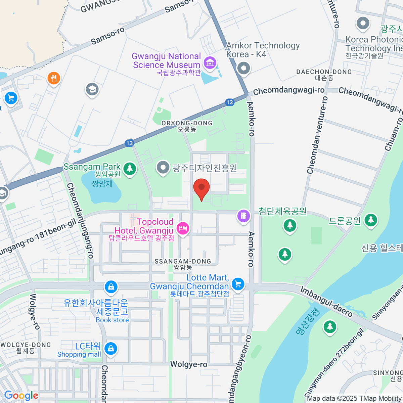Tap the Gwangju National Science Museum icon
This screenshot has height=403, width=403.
pyautogui.click(x=210, y=62)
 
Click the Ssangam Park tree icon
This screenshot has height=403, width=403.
pyautogui.click(x=130, y=168)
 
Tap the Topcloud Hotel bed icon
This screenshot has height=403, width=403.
pyautogui.click(x=183, y=229)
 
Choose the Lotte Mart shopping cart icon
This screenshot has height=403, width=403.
pyautogui.click(x=238, y=284)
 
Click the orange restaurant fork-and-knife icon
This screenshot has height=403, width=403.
pyautogui.click(x=54, y=79)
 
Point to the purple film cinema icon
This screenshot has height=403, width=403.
pyautogui.click(x=244, y=215)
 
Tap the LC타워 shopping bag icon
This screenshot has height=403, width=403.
pyautogui.click(x=110, y=348)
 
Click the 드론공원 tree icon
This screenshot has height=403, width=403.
pyautogui.click(x=371, y=220)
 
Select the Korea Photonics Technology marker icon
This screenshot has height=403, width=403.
pyautogui.click(x=363, y=24)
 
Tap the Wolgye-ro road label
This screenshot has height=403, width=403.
pyautogui.click(x=189, y=364)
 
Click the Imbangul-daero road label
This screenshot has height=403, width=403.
pyautogui.click(x=326, y=302)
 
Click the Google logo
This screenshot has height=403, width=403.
pyautogui.click(x=21, y=395)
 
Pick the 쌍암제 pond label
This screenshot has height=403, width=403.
pyautogui.click(x=102, y=184)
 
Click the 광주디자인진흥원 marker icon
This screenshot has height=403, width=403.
pyautogui.click(x=163, y=168)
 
